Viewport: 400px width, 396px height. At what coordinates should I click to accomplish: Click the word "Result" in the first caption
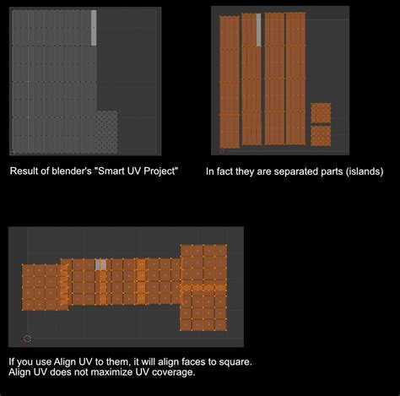(x=25, y=171)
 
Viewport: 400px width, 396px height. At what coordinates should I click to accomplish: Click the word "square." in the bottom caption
(x=233, y=361)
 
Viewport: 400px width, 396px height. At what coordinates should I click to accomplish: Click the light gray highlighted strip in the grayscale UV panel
(x=94, y=27)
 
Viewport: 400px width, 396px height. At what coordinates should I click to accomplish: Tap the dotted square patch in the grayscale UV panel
(x=106, y=132)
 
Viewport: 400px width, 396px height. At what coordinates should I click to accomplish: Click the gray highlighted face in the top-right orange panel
(x=257, y=30)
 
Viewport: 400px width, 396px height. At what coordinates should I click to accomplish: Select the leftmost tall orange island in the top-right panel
(x=229, y=82)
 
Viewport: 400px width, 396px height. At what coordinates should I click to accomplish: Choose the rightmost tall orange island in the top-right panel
(x=295, y=78)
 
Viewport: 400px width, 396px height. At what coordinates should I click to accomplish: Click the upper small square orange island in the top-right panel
(x=321, y=113)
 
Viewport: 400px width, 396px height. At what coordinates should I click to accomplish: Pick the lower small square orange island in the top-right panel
(x=321, y=135)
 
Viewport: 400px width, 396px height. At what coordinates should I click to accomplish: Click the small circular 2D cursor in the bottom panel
(x=27, y=339)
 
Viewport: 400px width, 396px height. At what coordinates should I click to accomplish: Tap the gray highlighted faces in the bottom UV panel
(x=100, y=264)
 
